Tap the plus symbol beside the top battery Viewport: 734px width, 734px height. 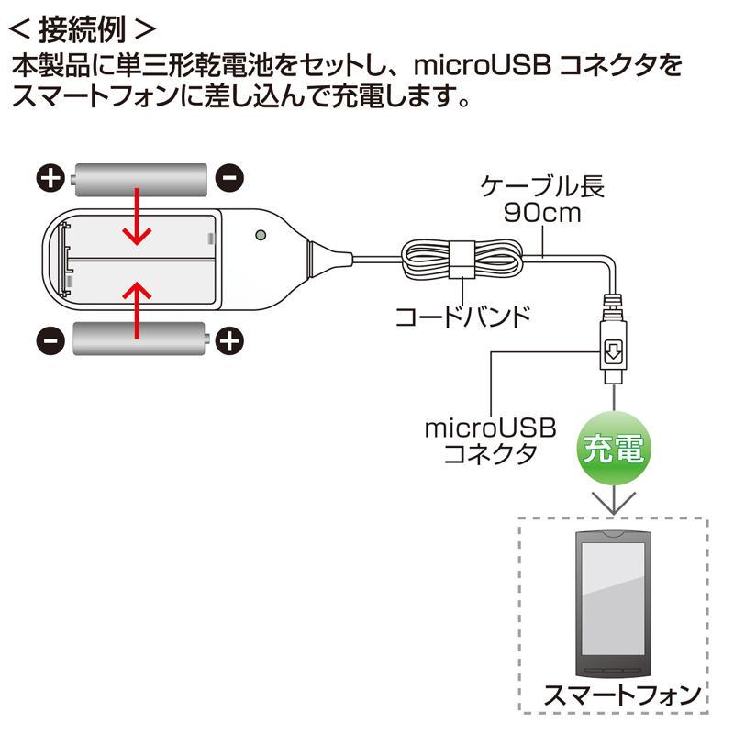[x=52, y=177]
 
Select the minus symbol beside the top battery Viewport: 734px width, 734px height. [x=229, y=177]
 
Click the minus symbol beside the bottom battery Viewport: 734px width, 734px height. [x=52, y=341]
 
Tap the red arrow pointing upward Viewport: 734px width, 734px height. [x=138, y=308]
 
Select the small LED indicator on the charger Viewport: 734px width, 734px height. [x=261, y=235]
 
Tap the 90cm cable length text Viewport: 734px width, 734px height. [x=543, y=217]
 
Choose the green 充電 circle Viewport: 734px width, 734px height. [x=613, y=449]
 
